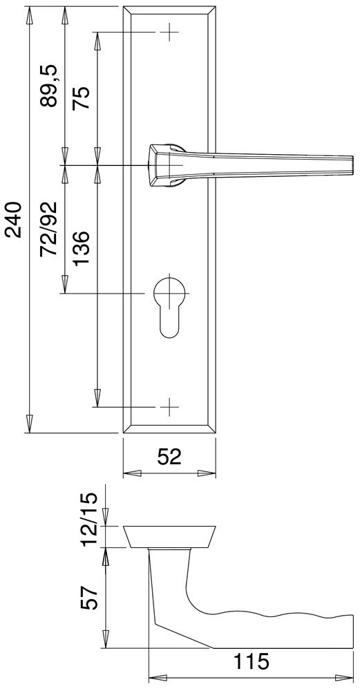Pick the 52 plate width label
(168, 457)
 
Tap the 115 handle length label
(249, 663)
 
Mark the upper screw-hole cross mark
(169, 32)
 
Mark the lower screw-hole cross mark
(169, 406)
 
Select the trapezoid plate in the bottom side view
(169, 536)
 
